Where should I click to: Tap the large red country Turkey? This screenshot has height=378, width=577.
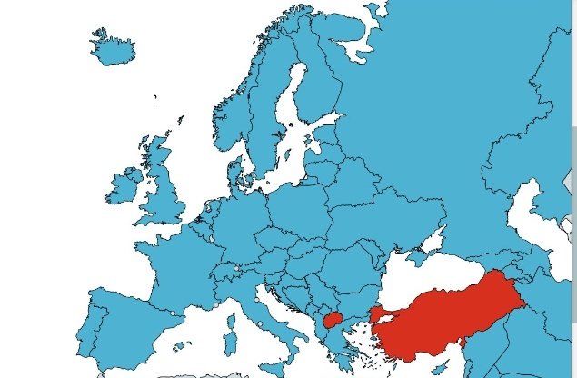445,309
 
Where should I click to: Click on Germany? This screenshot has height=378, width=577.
241,218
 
